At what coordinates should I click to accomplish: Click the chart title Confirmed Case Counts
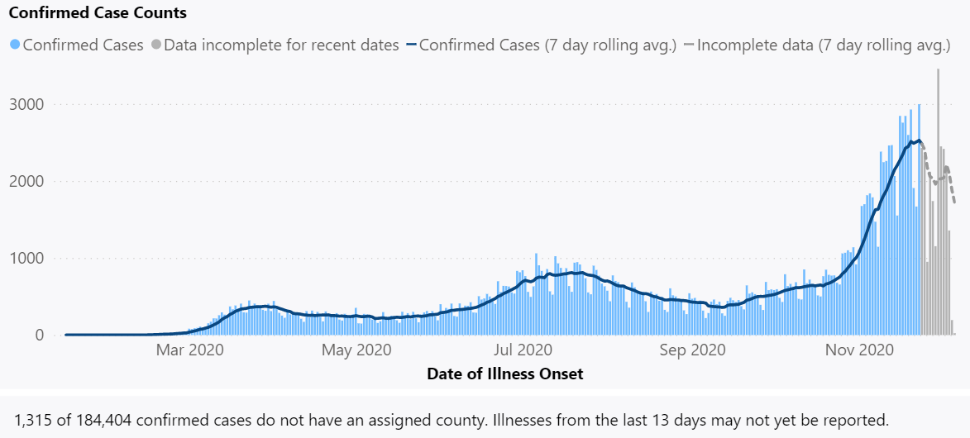click(x=98, y=13)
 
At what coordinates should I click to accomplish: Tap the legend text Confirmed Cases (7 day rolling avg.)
click(x=547, y=45)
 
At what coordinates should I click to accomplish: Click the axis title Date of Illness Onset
click(x=504, y=374)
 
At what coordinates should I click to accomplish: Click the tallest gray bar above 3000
click(x=938, y=198)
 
